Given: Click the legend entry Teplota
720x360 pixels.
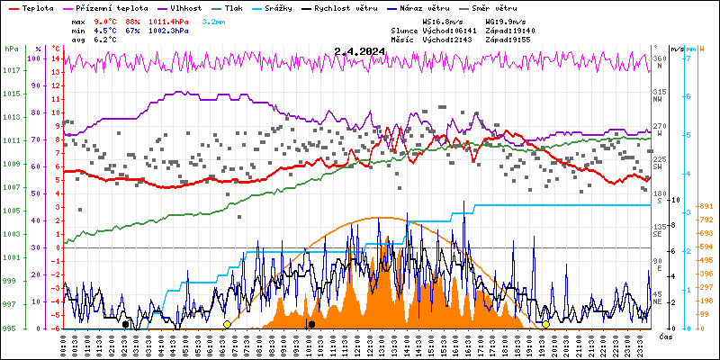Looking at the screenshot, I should point(37,7).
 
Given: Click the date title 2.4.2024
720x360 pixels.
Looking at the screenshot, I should point(359,51).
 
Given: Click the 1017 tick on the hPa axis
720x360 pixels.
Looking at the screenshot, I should point(11,70).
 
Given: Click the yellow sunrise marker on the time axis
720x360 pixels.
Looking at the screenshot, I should point(227,324).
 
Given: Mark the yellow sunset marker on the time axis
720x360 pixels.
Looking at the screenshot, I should point(545,324).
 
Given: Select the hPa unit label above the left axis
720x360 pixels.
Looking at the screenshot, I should point(11,49).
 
